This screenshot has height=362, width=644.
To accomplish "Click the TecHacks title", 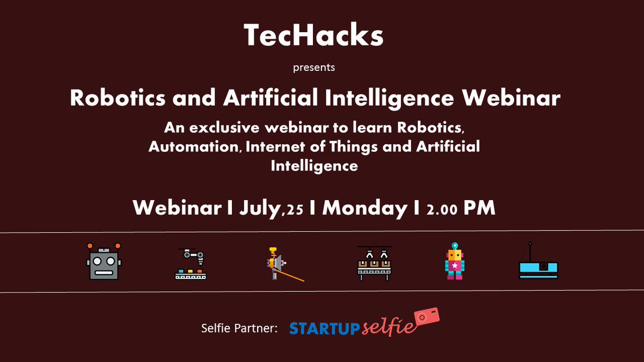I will [314, 36].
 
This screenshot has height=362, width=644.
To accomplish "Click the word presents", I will [314, 68].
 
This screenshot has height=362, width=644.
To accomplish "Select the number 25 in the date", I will [294, 210].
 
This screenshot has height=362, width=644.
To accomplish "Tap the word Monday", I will [364, 208].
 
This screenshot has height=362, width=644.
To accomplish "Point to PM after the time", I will [479, 208].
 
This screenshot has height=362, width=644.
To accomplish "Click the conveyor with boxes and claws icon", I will [374, 263].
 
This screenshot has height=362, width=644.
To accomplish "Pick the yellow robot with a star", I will [455, 261].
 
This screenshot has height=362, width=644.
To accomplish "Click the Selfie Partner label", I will [239, 328].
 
